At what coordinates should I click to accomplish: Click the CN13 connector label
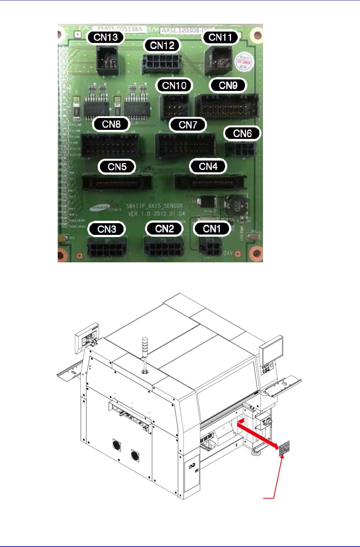(x=105, y=37)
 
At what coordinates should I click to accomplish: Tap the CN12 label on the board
(x=162, y=45)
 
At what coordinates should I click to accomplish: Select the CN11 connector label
(x=220, y=37)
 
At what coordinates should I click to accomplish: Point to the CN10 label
(x=174, y=86)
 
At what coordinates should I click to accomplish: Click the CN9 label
(x=228, y=86)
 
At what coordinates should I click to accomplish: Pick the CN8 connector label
(x=111, y=124)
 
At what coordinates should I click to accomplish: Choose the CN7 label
(x=188, y=125)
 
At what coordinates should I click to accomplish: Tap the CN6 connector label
(x=242, y=134)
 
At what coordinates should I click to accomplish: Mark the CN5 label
(x=117, y=167)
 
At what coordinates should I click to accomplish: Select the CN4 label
(x=208, y=166)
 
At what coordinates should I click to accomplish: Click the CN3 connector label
(x=107, y=229)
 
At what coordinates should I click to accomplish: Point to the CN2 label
(x=164, y=229)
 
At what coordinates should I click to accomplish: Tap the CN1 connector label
(x=212, y=229)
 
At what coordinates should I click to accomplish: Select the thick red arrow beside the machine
(x=258, y=435)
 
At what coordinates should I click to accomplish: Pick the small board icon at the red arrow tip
(x=285, y=448)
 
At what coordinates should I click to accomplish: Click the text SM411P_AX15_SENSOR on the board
(x=154, y=206)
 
